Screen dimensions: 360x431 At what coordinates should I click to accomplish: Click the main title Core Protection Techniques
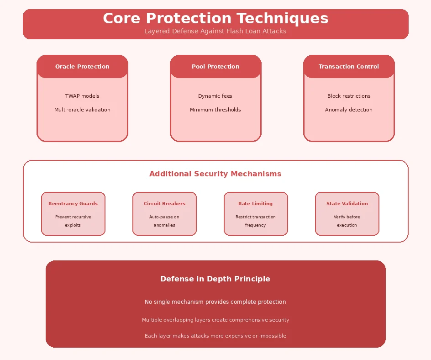click(215, 18)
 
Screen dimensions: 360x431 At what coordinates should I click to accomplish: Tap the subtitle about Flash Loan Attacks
click(215, 31)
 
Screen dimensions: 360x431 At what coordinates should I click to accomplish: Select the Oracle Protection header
click(82, 66)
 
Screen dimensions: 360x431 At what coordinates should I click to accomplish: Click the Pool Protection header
click(215, 66)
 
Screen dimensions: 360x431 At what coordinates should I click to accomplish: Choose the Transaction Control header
click(349, 66)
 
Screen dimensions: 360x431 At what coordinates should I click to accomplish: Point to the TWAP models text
click(82, 96)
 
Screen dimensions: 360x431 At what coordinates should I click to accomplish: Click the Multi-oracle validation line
click(82, 110)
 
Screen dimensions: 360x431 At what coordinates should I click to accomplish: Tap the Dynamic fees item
click(215, 96)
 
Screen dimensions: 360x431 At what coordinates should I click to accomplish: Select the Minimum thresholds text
click(215, 110)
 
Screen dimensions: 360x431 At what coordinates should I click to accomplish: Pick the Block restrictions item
click(349, 96)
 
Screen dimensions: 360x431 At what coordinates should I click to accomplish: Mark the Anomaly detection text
click(349, 110)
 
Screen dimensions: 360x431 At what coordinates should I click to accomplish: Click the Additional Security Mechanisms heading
click(215, 174)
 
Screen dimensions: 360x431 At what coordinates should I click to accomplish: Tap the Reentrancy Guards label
click(73, 204)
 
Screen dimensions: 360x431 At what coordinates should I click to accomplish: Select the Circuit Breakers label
click(164, 204)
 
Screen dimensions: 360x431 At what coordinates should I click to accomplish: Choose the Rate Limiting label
click(256, 204)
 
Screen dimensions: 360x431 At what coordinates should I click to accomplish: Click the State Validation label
click(347, 204)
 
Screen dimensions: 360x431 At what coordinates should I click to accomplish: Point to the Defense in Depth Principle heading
click(215, 279)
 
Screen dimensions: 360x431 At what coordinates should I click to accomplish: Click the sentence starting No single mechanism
click(215, 302)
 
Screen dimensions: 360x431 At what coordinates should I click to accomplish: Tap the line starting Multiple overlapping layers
click(215, 320)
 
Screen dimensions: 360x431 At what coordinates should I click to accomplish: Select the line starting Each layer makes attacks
click(215, 336)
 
